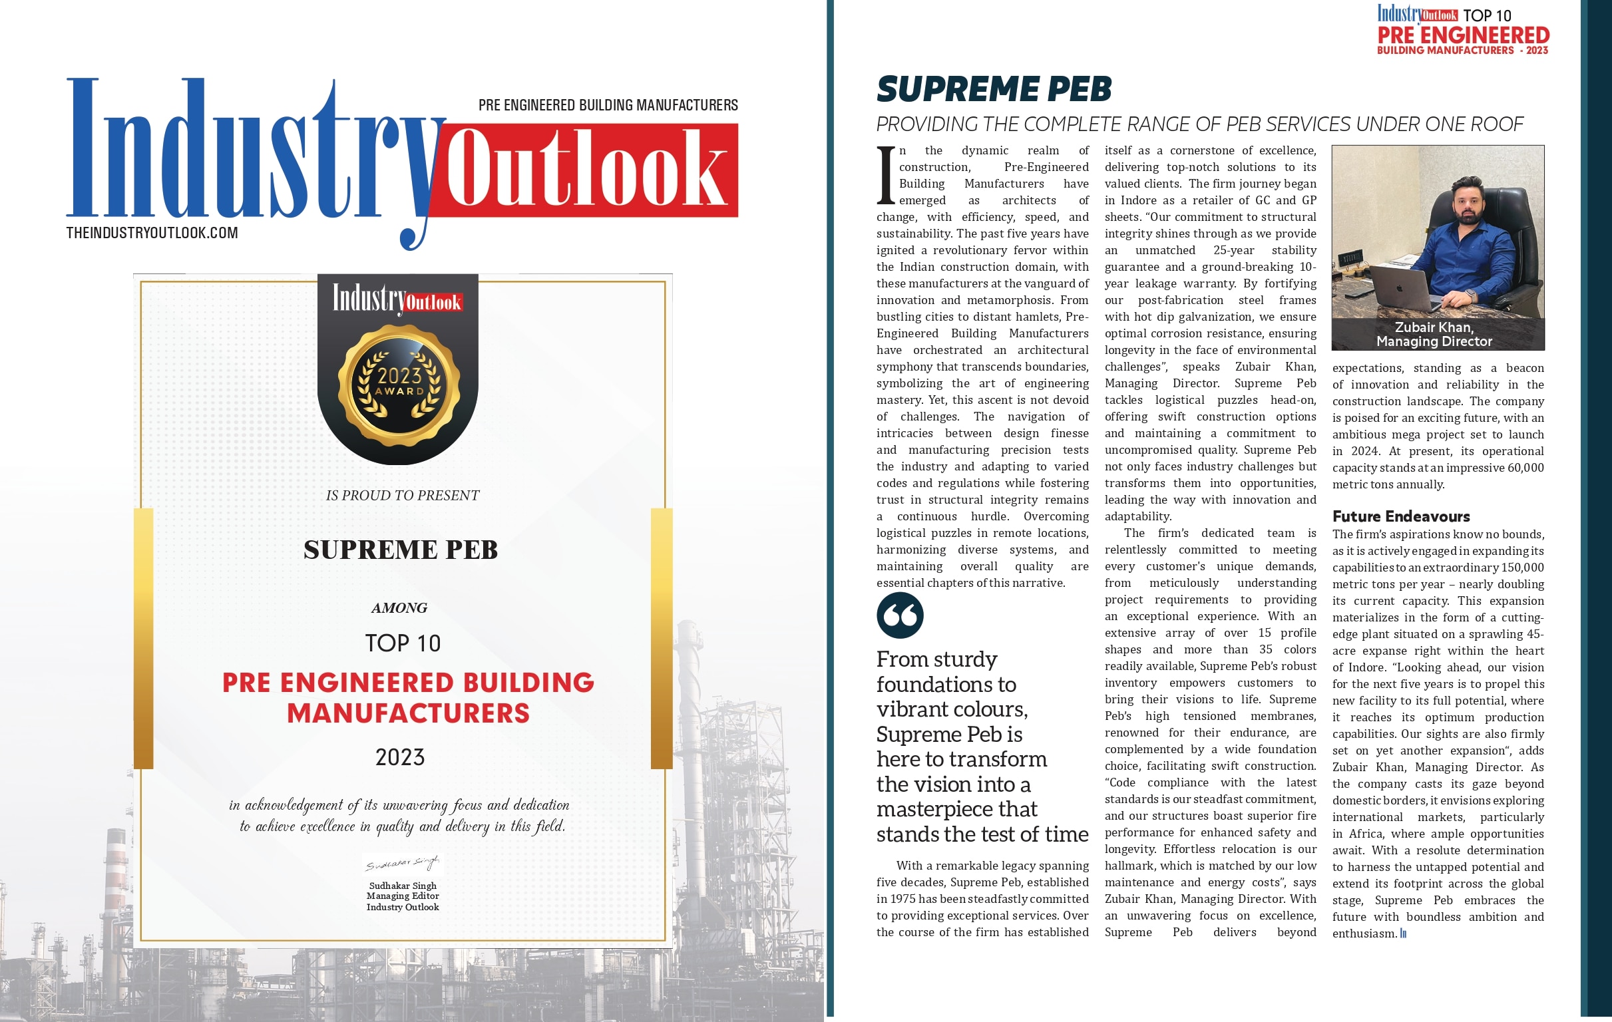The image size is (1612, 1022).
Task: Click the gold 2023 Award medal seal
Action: pyautogui.click(x=399, y=385)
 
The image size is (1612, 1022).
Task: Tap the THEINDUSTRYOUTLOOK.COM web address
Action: pyautogui.click(x=152, y=233)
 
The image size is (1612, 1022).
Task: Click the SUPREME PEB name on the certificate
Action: pyautogui.click(x=400, y=550)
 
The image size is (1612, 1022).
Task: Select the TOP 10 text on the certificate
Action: pyautogui.click(x=402, y=643)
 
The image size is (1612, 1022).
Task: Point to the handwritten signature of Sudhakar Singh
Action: pyautogui.click(x=402, y=864)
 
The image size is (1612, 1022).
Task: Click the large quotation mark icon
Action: pyautogui.click(x=900, y=615)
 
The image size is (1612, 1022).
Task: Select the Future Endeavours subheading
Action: pyautogui.click(x=1400, y=516)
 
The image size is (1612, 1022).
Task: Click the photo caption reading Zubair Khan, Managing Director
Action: pyautogui.click(x=1434, y=334)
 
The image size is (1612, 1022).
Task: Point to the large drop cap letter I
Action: pyautogui.click(x=886, y=175)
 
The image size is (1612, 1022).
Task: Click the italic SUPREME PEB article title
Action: pyautogui.click(x=994, y=89)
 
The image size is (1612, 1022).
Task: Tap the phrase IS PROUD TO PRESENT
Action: pyautogui.click(x=402, y=495)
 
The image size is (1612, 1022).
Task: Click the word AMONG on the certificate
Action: pyautogui.click(x=399, y=607)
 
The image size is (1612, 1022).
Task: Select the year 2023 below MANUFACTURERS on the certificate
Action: pyautogui.click(x=399, y=757)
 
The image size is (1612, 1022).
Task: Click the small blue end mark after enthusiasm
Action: pyautogui.click(x=1403, y=934)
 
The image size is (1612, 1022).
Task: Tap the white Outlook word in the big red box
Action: pyautogui.click(x=586, y=168)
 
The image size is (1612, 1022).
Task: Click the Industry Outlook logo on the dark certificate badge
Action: pyautogui.click(x=397, y=299)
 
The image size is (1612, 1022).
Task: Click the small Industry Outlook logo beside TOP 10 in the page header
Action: pyautogui.click(x=1417, y=14)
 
